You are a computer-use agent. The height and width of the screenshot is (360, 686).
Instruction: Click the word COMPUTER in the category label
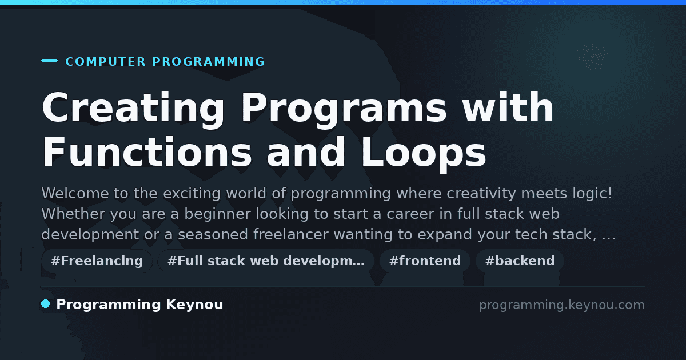click(106, 62)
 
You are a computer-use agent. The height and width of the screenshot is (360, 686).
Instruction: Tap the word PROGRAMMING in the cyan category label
click(209, 62)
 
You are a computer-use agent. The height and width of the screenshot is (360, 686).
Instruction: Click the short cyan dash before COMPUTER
click(49, 61)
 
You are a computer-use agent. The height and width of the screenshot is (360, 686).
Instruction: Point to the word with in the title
click(508, 107)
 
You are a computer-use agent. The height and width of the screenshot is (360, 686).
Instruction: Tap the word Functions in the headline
click(147, 152)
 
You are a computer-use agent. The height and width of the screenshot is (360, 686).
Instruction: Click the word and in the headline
click(306, 152)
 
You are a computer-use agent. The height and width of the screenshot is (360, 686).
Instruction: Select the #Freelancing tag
click(97, 261)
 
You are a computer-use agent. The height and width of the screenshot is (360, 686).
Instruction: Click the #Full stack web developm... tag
click(266, 261)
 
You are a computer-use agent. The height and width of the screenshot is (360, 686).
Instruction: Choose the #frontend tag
click(425, 261)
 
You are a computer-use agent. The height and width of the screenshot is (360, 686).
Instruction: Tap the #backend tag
click(520, 261)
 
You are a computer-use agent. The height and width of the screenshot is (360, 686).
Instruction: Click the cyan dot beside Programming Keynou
click(46, 304)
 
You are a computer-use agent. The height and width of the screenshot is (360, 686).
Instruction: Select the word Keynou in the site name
click(194, 305)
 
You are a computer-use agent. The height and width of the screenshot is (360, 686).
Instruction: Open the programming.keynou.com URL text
click(562, 305)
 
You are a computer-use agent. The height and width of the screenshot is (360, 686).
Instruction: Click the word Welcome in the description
click(75, 194)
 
